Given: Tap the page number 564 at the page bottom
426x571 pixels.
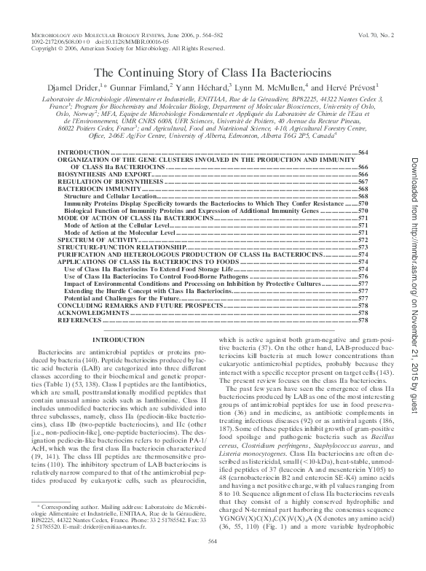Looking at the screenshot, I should pyautogui.click(x=213, y=560).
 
